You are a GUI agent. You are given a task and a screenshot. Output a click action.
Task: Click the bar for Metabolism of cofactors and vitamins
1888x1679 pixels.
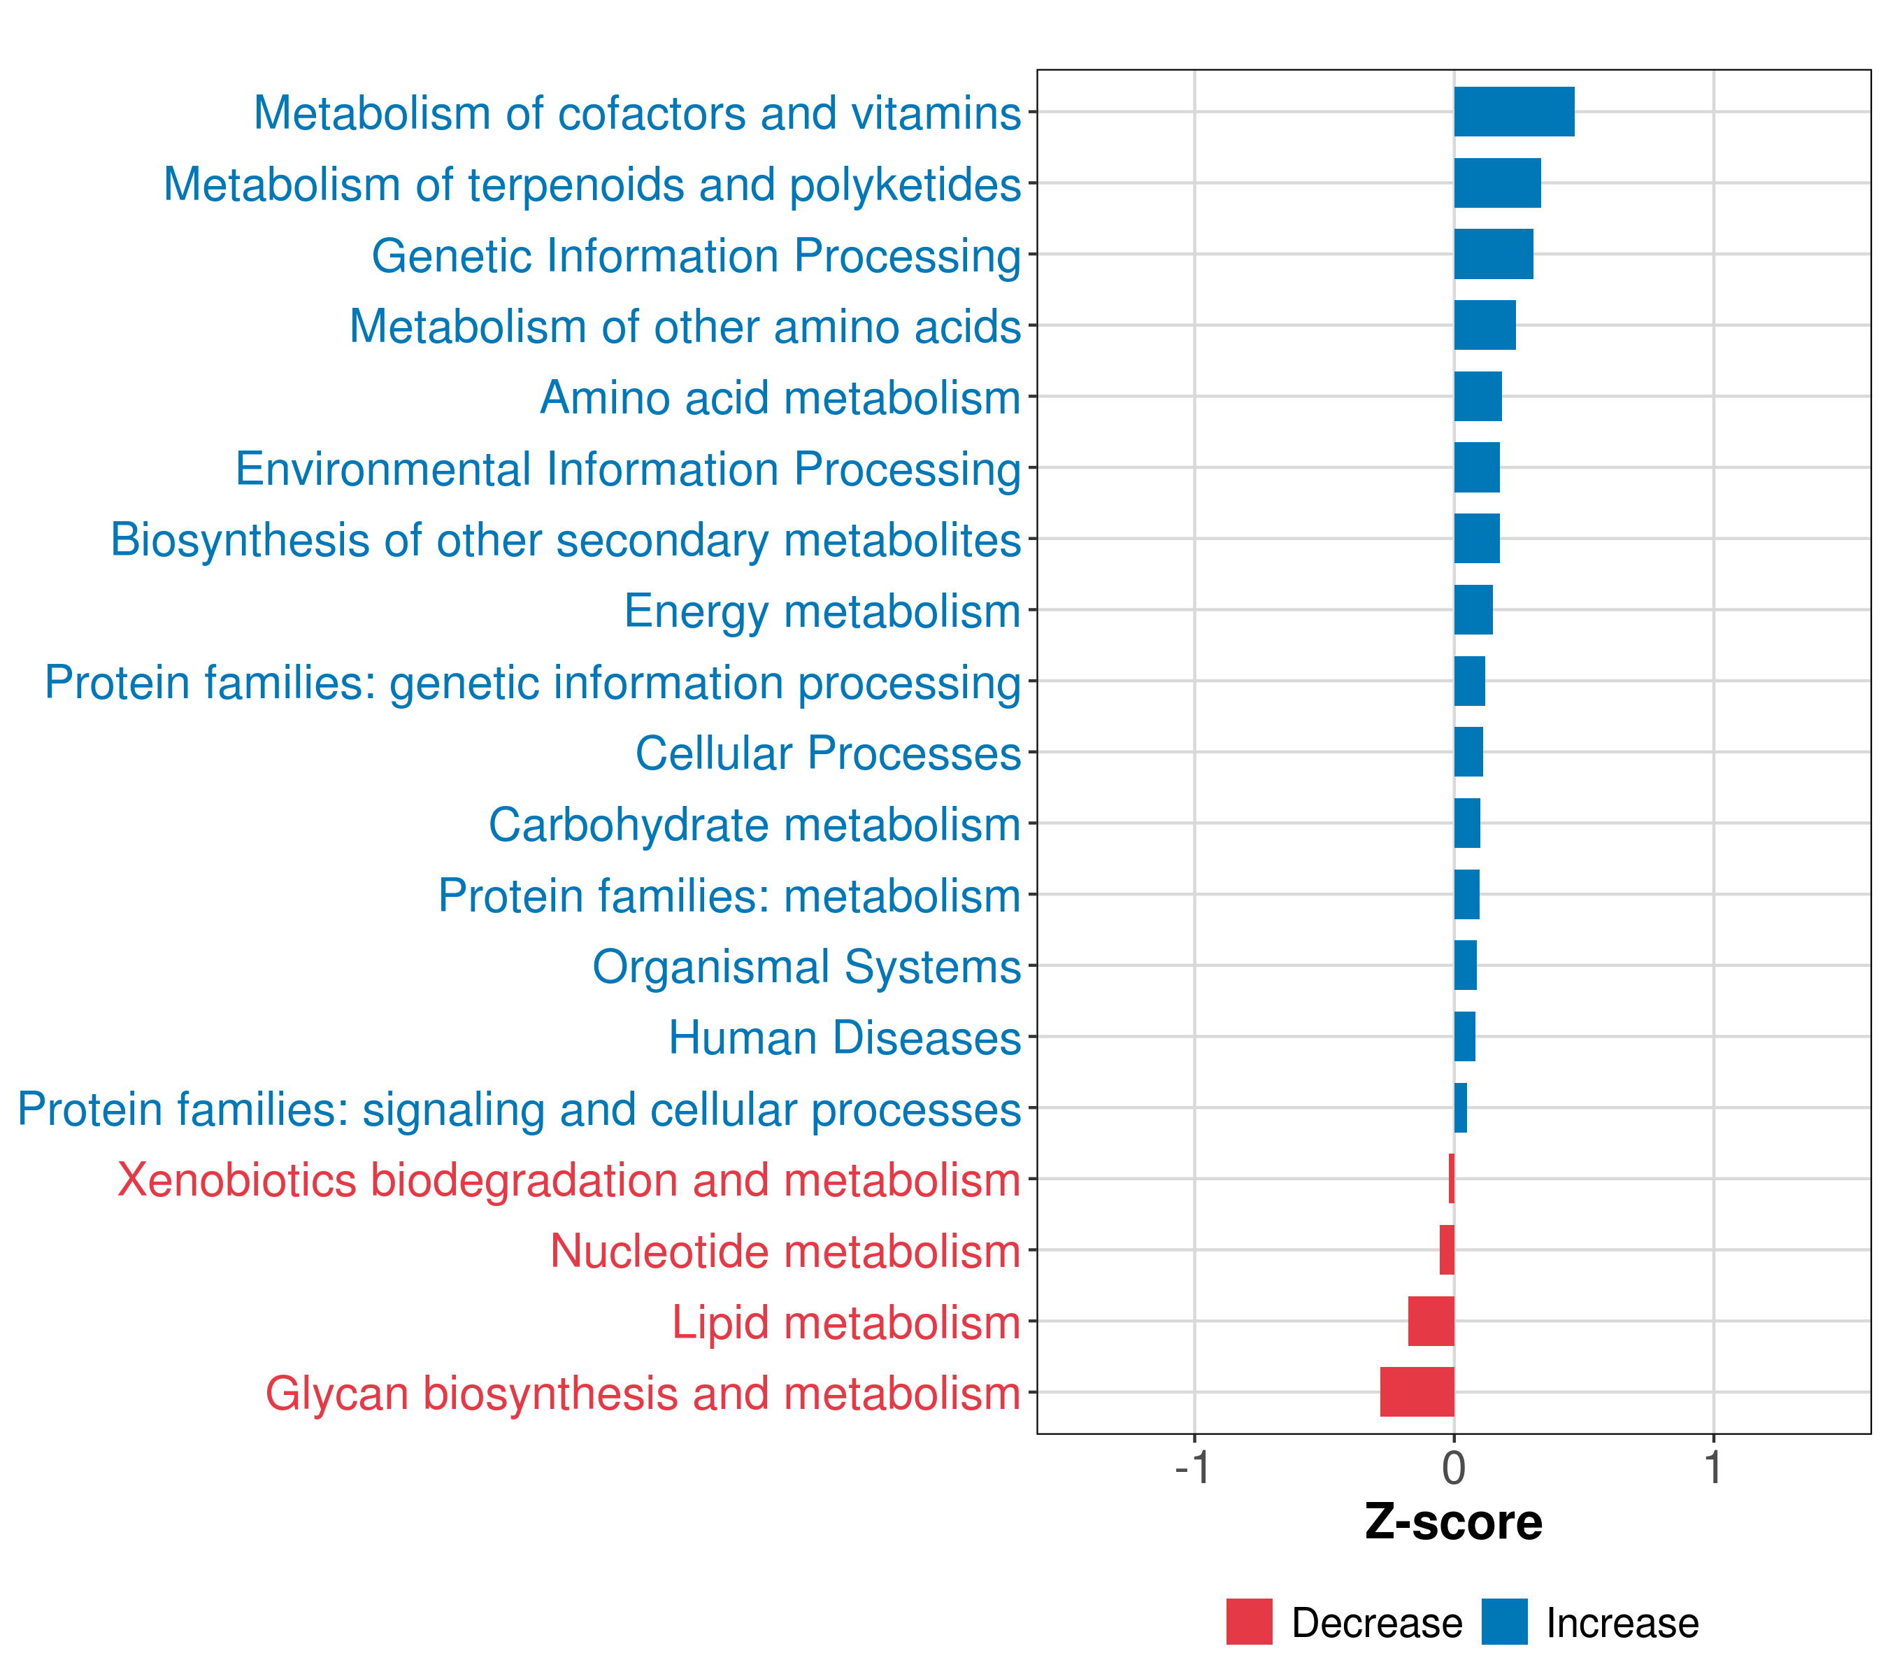point(1513,112)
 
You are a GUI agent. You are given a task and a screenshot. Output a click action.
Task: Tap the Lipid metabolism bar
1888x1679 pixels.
point(1431,1321)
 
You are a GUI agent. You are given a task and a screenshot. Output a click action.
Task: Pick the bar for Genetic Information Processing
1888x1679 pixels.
point(1493,254)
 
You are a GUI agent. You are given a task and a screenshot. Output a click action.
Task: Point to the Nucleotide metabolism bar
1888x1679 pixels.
point(1447,1249)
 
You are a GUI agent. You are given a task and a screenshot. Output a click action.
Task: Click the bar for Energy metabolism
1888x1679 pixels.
point(1473,610)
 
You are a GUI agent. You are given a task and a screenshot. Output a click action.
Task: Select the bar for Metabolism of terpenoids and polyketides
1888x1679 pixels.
point(1496,183)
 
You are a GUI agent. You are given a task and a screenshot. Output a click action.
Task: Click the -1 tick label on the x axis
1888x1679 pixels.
point(1192,1468)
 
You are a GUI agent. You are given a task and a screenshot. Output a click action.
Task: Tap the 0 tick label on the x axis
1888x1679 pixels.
point(1454,1468)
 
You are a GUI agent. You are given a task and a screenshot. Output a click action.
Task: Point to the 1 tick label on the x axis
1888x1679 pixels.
point(1713,1468)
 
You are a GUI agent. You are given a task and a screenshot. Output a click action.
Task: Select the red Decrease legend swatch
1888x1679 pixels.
point(1249,1622)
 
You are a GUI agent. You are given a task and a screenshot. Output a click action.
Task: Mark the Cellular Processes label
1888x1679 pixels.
point(828,753)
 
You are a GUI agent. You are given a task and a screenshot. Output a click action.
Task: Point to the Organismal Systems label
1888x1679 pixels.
point(806,967)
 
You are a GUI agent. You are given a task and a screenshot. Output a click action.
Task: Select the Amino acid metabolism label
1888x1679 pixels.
point(780,397)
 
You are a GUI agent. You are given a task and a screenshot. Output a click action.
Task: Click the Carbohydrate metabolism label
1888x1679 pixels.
point(754,824)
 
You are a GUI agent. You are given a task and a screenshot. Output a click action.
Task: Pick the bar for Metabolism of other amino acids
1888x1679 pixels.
point(1485,325)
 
